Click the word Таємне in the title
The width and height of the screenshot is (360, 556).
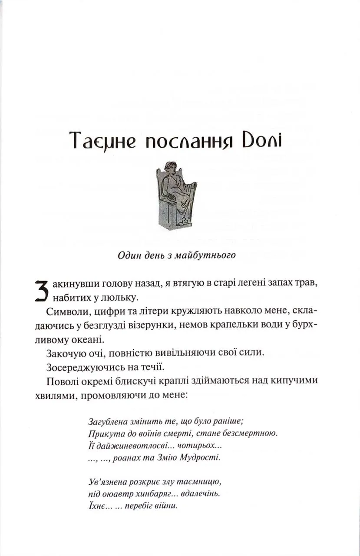pyautogui.click(x=103, y=142)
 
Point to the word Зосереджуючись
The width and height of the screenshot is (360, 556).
pyautogui.click(x=83, y=367)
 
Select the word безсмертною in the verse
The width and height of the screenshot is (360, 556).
pyautogui.click(x=253, y=434)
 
